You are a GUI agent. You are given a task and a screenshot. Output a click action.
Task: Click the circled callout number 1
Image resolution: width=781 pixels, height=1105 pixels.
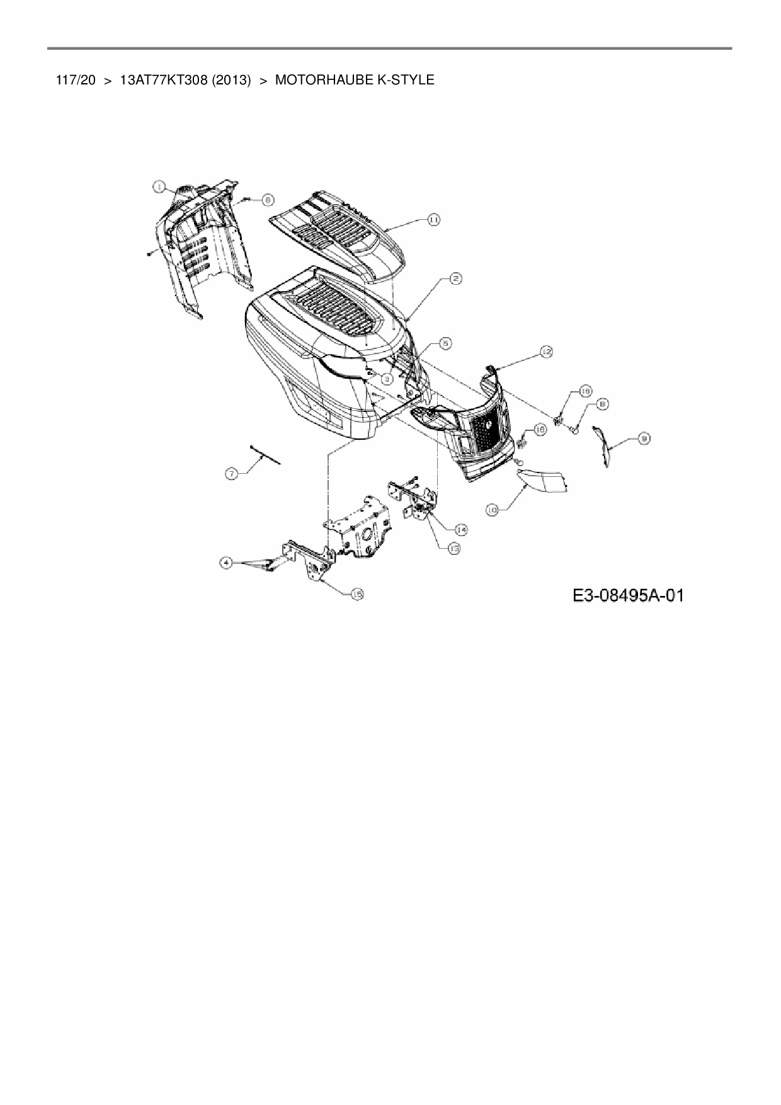[159, 186]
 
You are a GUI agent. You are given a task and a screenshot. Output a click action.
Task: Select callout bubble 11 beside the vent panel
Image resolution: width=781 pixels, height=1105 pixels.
[433, 219]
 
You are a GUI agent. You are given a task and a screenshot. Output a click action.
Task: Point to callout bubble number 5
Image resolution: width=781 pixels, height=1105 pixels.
[445, 343]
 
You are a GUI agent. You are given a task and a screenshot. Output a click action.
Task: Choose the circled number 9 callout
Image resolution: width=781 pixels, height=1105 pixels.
[644, 440]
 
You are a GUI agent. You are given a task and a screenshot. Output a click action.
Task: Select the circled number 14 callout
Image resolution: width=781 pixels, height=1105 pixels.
[462, 529]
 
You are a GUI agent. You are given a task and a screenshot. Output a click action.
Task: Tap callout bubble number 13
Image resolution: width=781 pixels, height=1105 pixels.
[453, 549]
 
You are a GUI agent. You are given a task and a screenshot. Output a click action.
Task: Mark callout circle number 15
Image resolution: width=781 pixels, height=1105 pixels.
[357, 594]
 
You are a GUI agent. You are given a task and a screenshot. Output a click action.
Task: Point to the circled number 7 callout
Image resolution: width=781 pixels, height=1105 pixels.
[232, 474]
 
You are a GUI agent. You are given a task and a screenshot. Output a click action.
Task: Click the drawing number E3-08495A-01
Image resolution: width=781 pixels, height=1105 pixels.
[628, 595]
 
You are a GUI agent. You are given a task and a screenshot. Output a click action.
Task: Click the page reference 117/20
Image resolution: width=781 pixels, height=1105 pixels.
[75, 80]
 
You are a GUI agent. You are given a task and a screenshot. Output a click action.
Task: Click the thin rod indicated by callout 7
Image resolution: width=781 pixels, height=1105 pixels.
[265, 454]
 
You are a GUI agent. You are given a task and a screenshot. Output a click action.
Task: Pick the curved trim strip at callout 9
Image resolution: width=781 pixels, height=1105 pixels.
[603, 446]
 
